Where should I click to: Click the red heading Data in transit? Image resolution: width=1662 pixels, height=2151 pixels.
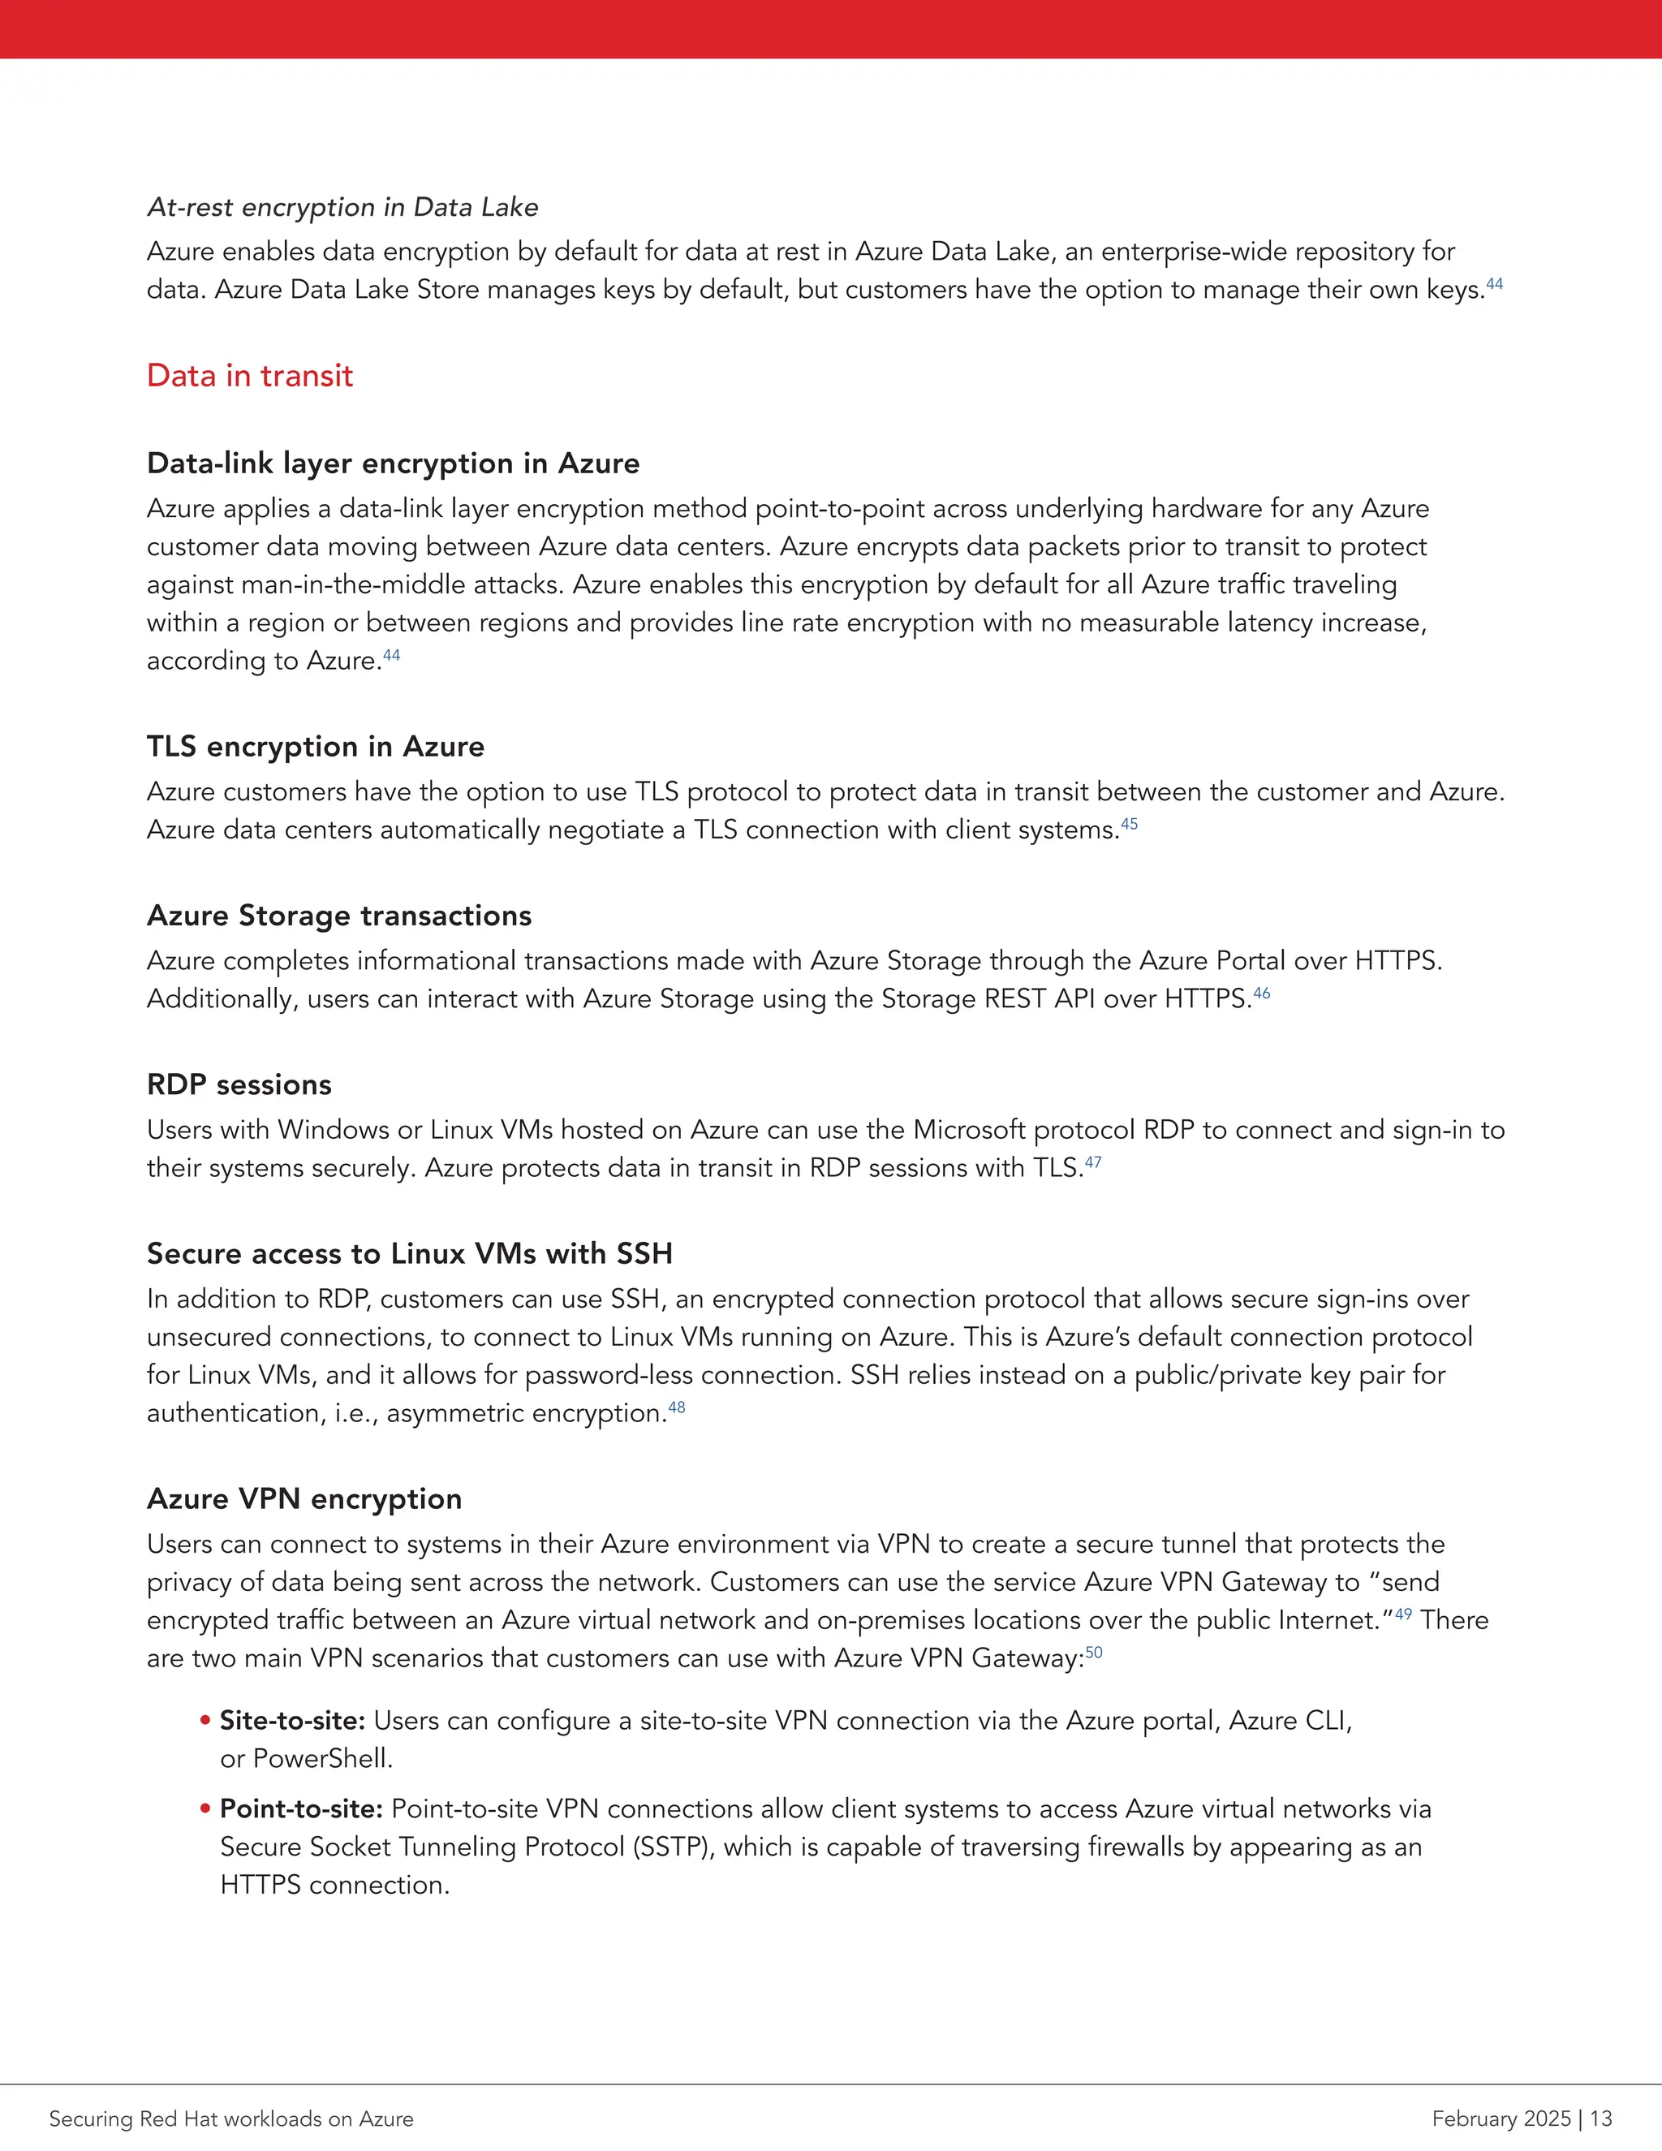(249, 375)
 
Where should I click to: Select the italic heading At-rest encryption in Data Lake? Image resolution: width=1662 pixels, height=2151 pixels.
(342, 207)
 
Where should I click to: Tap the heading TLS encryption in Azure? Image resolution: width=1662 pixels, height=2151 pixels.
(315, 747)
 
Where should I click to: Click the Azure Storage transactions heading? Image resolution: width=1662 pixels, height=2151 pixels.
(338, 916)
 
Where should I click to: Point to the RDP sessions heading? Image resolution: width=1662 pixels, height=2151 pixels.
(239, 1084)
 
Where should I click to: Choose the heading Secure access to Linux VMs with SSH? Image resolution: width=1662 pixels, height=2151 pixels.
(410, 1254)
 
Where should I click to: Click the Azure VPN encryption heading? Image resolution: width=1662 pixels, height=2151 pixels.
(304, 1499)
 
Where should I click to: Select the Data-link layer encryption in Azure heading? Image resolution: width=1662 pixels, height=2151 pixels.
(393, 463)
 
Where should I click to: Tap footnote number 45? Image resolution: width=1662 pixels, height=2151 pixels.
(1130, 823)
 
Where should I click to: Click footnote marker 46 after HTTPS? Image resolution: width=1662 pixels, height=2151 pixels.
(1261, 993)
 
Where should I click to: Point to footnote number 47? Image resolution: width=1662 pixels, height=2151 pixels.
(1093, 1162)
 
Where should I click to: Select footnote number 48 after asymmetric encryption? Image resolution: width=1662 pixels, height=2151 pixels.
(677, 1407)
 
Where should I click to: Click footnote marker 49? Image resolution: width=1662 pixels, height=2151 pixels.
(1403, 1614)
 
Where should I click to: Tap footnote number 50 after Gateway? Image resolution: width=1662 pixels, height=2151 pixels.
(1094, 1653)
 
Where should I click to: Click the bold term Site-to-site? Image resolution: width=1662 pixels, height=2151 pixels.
(292, 1721)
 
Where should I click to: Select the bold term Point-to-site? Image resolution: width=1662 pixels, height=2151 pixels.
(301, 1809)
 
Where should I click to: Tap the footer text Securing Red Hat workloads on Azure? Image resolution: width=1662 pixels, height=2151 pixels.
(231, 2119)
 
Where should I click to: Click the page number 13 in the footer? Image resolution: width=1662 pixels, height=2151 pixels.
(1600, 2119)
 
